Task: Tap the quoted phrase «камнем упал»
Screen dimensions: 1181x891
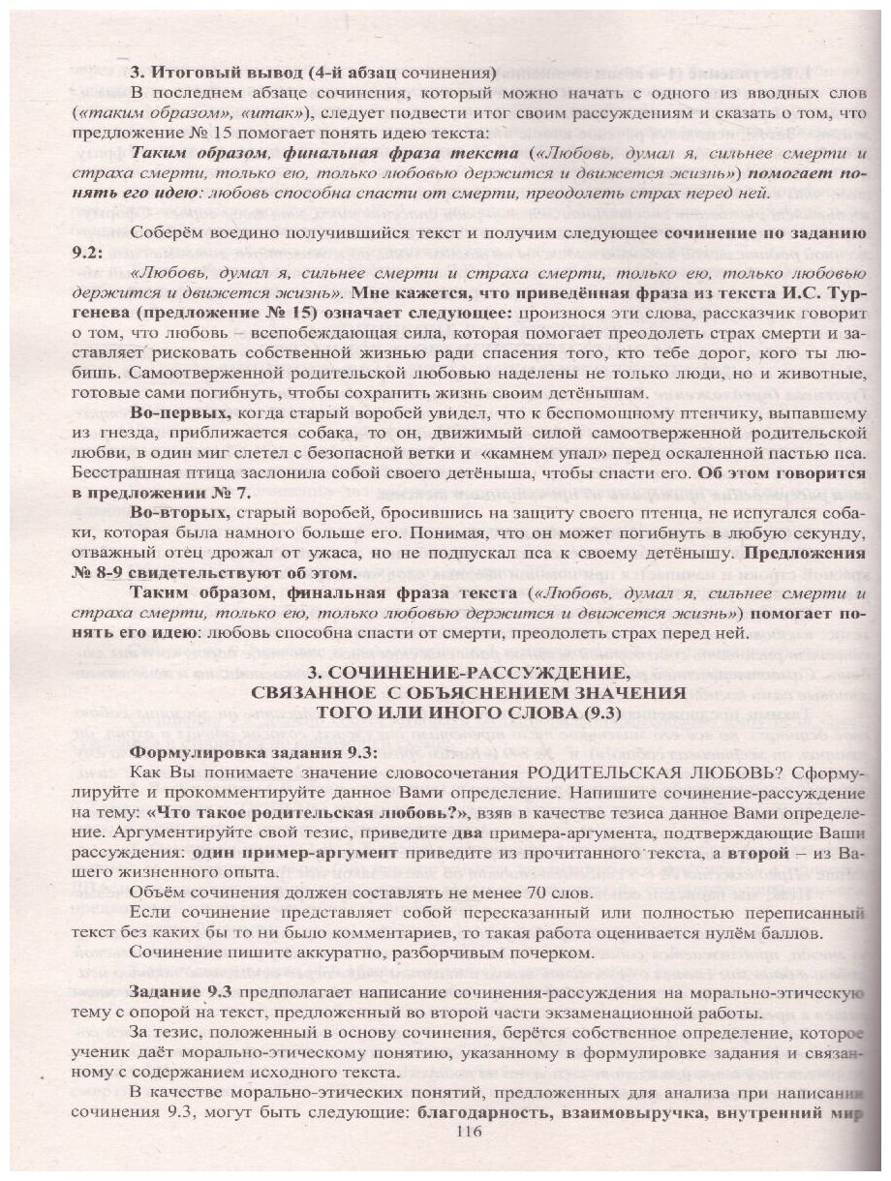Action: coord(507,453)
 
